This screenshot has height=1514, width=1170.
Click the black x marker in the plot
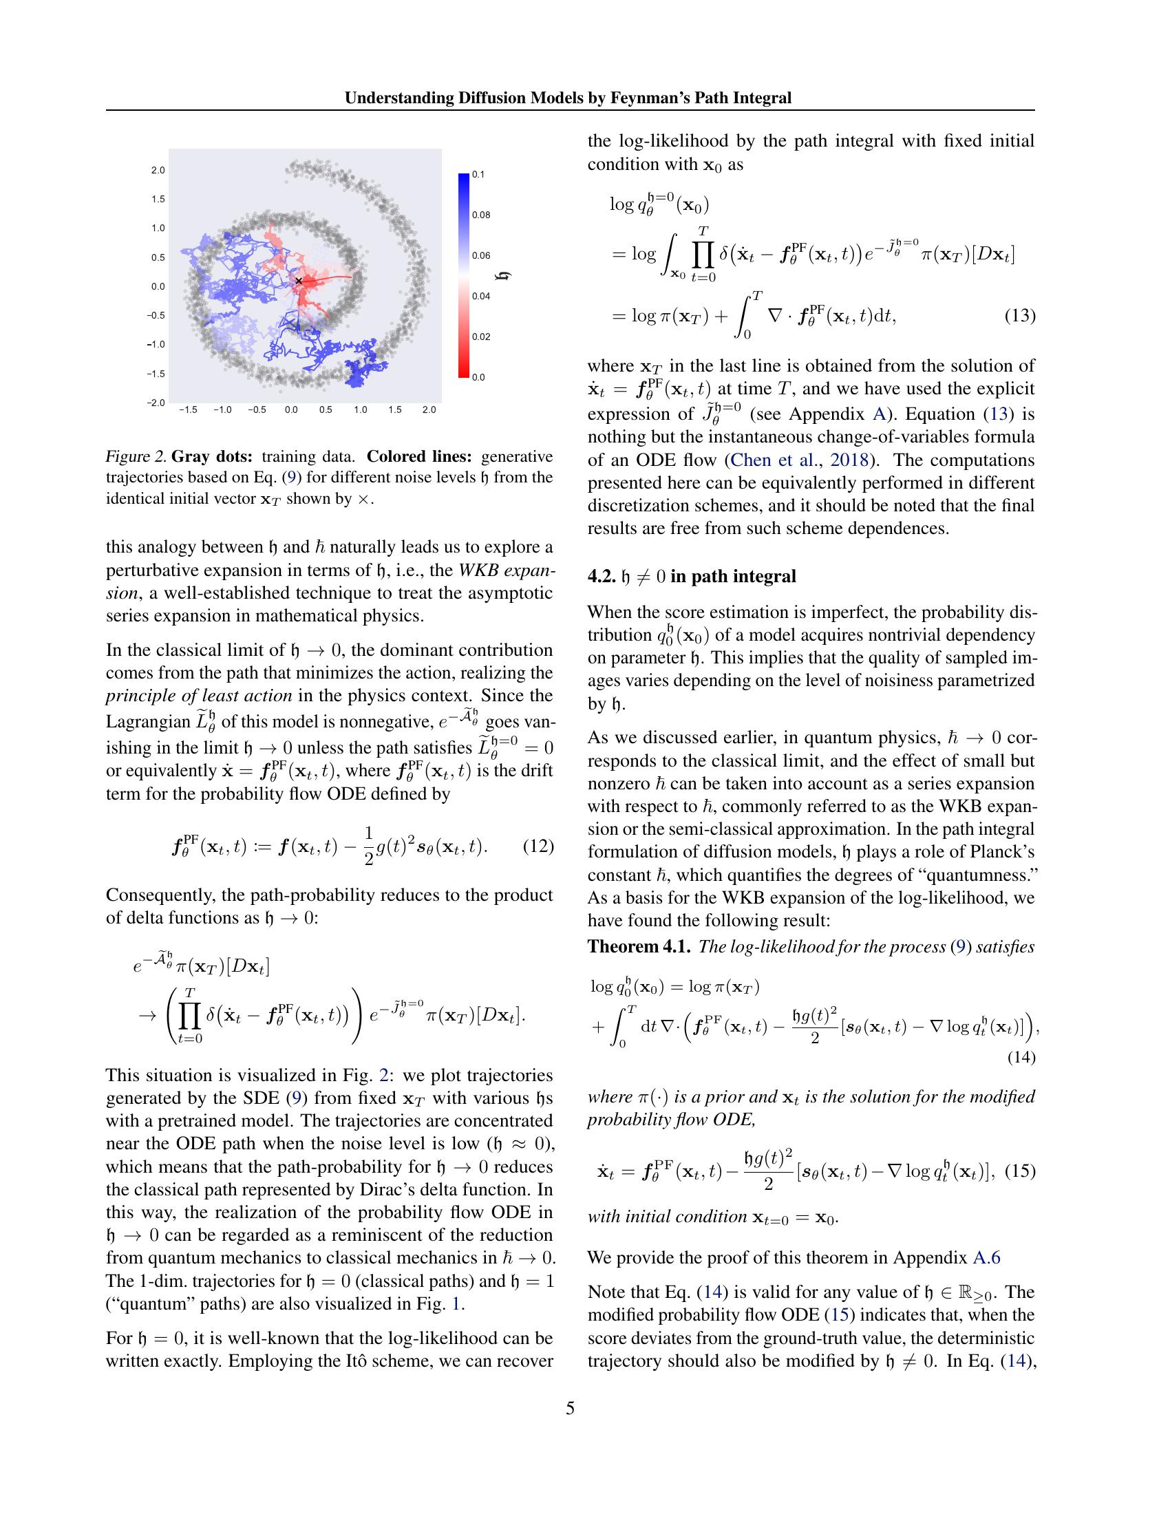[x=299, y=281]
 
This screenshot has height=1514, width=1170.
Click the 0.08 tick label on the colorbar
[x=481, y=215]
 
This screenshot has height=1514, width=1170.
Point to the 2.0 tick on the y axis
[x=158, y=170]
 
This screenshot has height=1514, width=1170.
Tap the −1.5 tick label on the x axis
[x=188, y=409]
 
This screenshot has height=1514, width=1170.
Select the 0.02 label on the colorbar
[x=481, y=337]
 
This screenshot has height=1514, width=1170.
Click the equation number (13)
[x=1019, y=316]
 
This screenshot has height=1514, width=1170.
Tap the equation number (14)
[x=1019, y=1057]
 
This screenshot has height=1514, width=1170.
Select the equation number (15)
[x=1019, y=1171]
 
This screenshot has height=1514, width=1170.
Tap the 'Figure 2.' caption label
[x=134, y=456]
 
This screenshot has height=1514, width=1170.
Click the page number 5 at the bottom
[x=570, y=1408]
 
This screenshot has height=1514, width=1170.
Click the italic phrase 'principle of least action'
[x=198, y=695]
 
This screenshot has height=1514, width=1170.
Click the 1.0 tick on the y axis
[x=158, y=228]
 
